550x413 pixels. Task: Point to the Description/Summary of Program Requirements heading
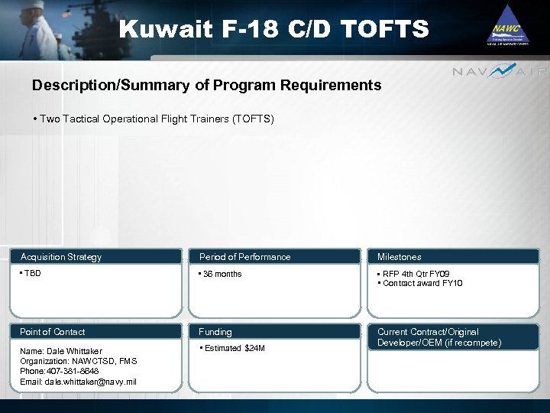pos(206,86)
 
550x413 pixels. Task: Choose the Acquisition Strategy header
pos(61,257)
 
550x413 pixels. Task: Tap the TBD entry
pos(31,273)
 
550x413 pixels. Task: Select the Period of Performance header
pos(244,257)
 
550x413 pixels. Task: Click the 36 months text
pos(221,274)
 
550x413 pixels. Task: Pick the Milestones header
pos(399,257)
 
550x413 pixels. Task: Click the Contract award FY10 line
pos(422,283)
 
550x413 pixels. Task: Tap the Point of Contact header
pos(53,332)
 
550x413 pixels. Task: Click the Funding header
pos(215,332)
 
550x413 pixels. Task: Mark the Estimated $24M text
pos(233,349)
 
